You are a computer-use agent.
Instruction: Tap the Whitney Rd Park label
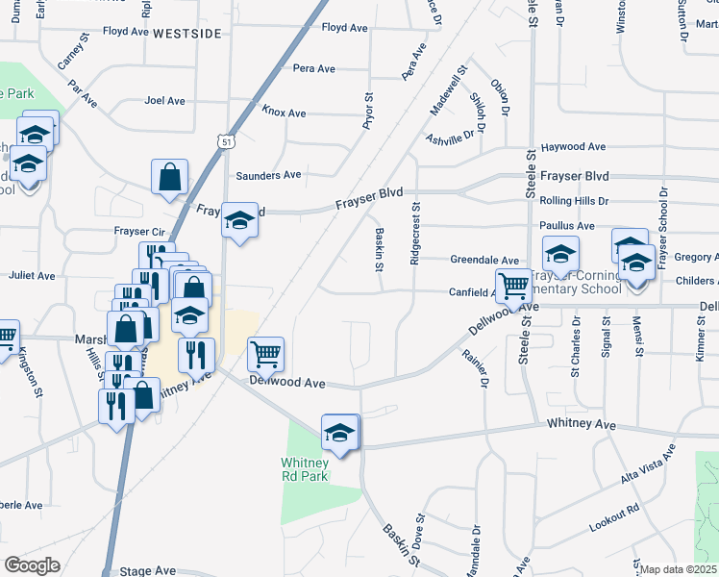coord(305,468)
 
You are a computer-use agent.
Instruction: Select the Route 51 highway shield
coord(225,141)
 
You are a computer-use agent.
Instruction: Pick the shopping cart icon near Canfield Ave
coord(514,285)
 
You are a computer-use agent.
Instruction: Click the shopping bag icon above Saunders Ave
coord(169,177)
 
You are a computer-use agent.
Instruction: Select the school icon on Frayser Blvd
coord(239,220)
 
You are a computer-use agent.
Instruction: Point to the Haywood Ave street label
coord(573,147)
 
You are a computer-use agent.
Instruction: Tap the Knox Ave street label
coord(284,113)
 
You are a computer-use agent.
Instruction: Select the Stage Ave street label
coord(147,570)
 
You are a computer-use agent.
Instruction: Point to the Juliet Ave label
coord(32,275)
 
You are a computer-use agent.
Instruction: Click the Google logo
coord(32,565)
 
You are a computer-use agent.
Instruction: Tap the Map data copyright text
coord(678,569)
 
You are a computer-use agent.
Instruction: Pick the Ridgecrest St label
coord(415,234)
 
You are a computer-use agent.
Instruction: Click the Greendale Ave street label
coord(485,260)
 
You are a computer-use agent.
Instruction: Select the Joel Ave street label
coord(163,100)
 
